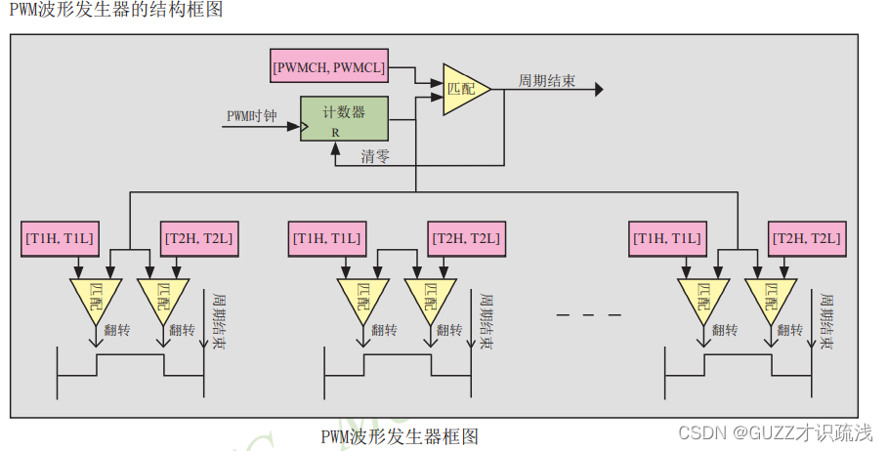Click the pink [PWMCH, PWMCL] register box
pos(329,68)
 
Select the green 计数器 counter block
pos(344,119)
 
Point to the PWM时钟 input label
pos(252,116)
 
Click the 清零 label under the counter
pos(375,156)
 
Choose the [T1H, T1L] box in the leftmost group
pos(61,238)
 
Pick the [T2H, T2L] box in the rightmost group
pos(807,238)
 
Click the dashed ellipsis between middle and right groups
pos(588,314)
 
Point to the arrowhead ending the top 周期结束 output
pos(598,89)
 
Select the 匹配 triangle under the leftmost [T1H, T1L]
pos(95,296)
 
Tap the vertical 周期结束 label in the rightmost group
pos(826,322)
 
